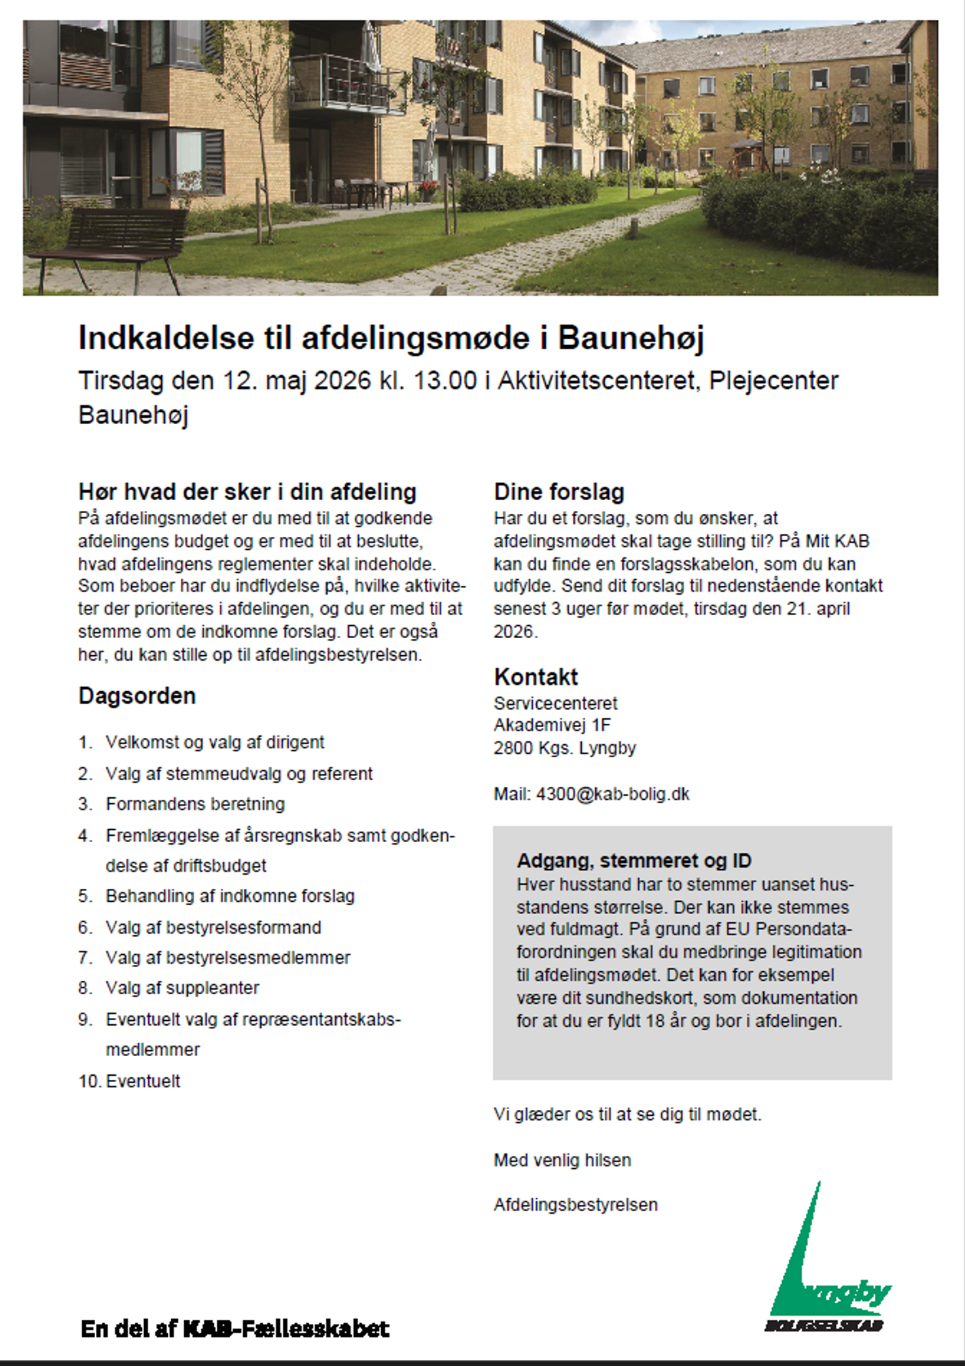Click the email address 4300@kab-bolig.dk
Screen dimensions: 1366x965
[x=612, y=794]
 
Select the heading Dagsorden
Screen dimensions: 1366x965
[x=137, y=696]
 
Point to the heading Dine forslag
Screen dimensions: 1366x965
[x=559, y=491]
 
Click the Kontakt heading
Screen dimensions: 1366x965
[x=536, y=677]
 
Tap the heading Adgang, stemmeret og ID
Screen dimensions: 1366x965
[x=633, y=860]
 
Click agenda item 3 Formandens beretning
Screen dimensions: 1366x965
[x=195, y=804]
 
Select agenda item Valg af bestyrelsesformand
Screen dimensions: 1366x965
[x=213, y=927]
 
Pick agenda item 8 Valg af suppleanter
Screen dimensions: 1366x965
[x=182, y=987]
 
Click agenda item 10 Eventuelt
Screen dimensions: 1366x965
[x=143, y=1081]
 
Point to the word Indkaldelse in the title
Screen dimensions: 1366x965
[x=166, y=338]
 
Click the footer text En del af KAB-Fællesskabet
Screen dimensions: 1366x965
[x=235, y=1328]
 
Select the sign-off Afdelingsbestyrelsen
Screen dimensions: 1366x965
[x=576, y=1205]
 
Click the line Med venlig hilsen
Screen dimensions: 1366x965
[x=562, y=1160]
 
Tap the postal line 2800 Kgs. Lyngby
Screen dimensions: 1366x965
[x=564, y=748]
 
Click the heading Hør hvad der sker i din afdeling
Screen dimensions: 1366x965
[x=247, y=491]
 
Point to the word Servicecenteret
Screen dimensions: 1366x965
[x=555, y=703]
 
